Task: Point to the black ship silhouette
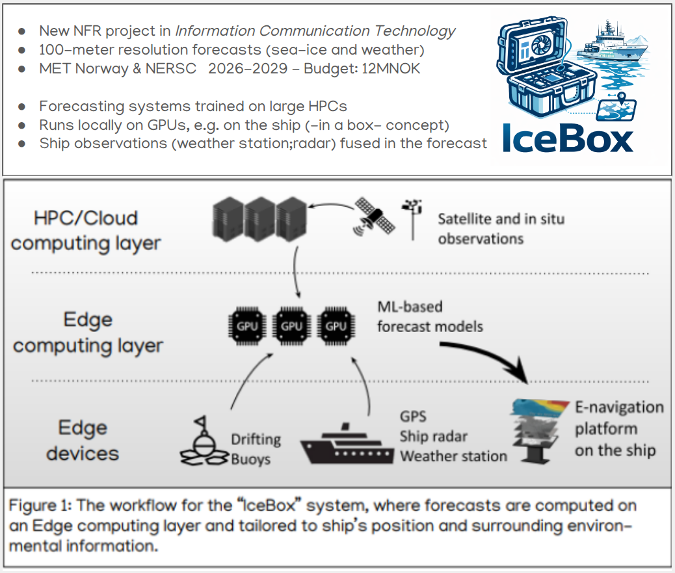pyautogui.click(x=347, y=444)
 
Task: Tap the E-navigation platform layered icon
pyautogui.click(x=538, y=428)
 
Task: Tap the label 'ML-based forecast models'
pyautogui.click(x=430, y=316)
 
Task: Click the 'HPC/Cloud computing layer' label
pyautogui.click(x=86, y=230)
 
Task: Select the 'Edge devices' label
pyautogui.click(x=83, y=440)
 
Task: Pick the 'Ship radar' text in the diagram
pyautogui.click(x=434, y=437)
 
